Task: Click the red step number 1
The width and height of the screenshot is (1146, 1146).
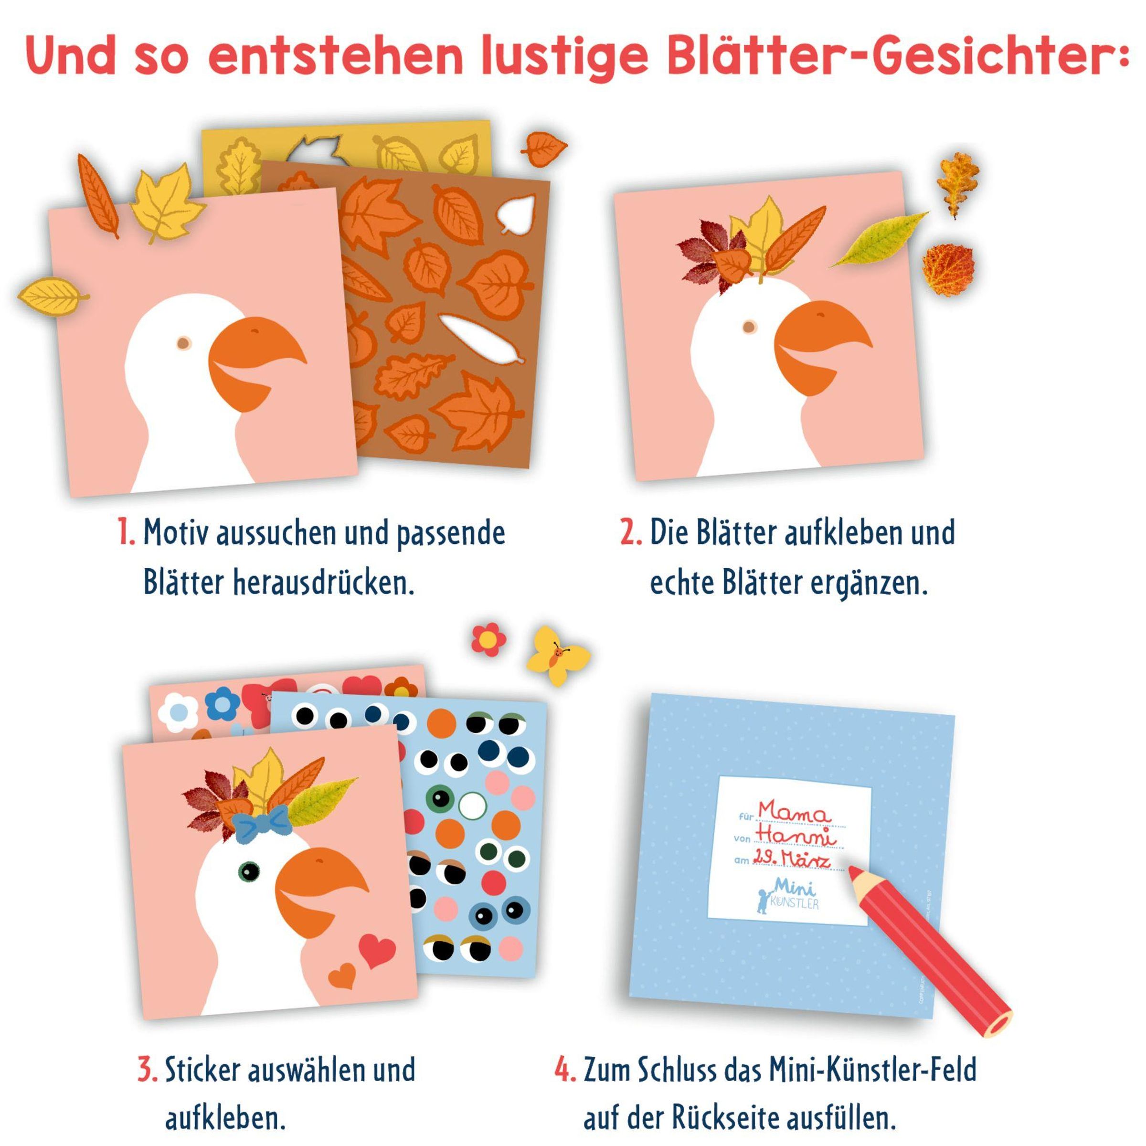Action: [x=126, y=533]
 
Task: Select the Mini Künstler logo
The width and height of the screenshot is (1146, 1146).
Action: [x=789, y=896]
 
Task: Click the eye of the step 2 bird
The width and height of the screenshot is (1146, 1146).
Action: [x=750, y=326]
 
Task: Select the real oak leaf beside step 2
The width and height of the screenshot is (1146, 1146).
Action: [x=957, y=184]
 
